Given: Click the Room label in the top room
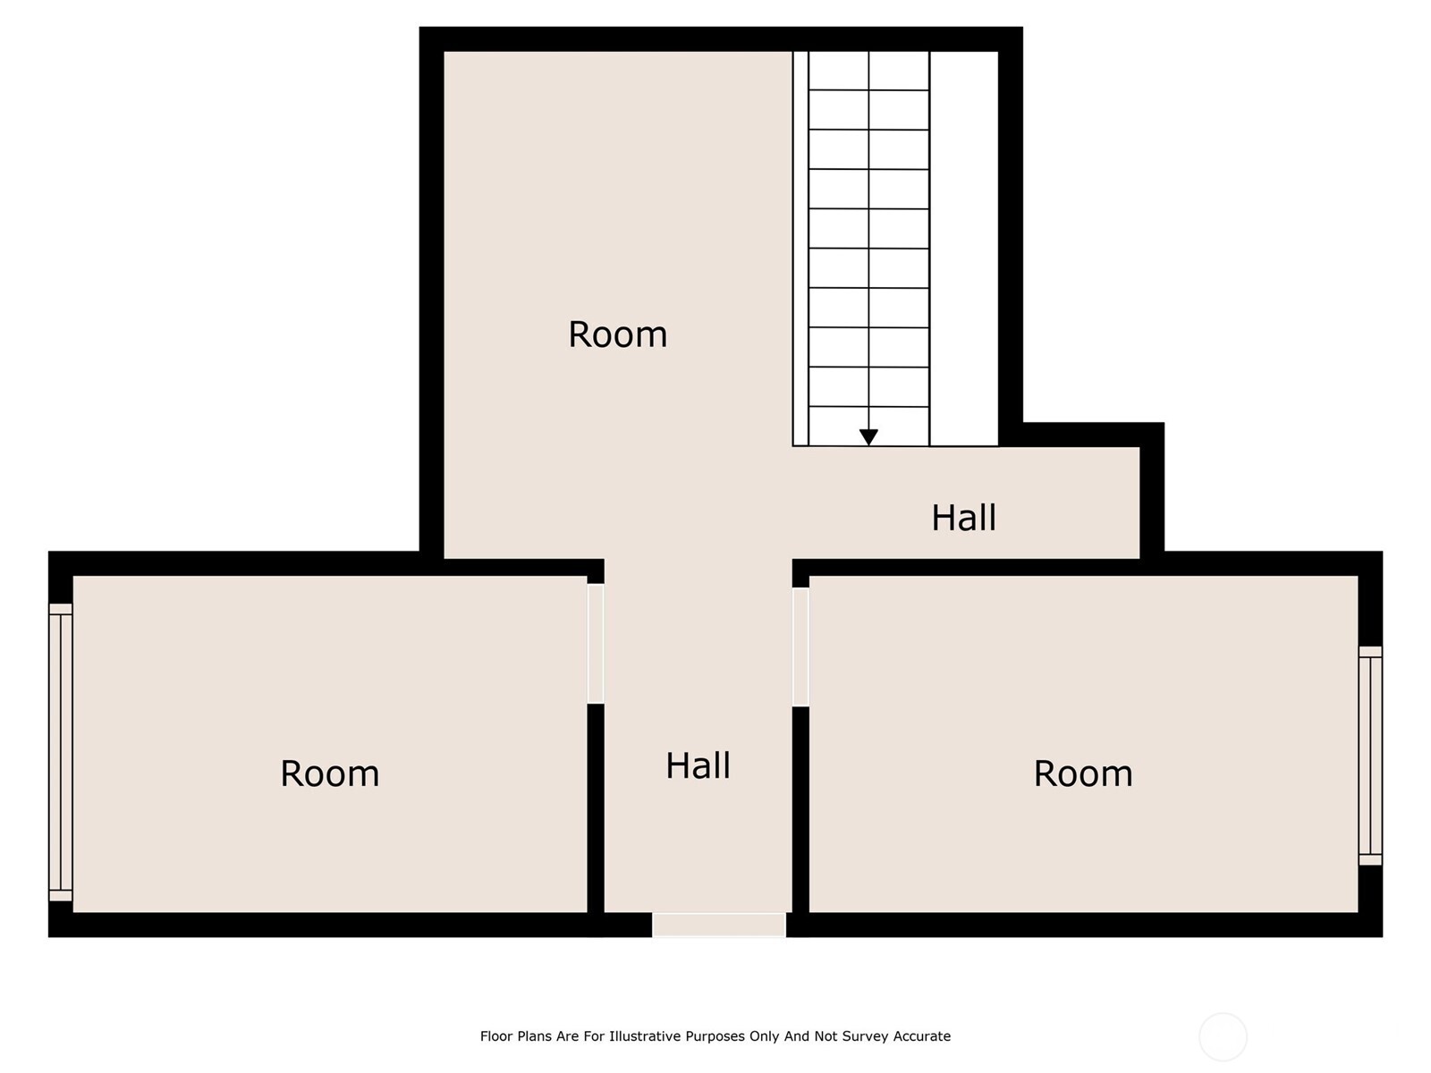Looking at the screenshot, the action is (x=617, y=334).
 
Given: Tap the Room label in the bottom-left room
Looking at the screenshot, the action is (x=329, y=773).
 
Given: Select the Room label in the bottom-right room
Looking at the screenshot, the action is (x=1083, y=773).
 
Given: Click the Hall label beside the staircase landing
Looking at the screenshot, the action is (x=963, y=518).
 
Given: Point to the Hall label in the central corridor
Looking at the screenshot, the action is (x=698, y=765).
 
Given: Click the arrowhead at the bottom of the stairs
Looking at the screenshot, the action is (x=868, y=437).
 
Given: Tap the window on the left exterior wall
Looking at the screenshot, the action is (x=60, y=753).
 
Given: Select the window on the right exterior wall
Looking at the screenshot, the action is (x=1369, y=756).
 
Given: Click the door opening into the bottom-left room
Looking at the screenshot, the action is (x=596, y=644).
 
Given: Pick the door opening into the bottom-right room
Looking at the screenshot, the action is (x=800, y=646).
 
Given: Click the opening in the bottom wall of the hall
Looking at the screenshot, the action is (x=718, y=925).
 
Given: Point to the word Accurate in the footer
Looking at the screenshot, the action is (x=921, y=1035).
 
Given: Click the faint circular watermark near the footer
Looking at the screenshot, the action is (x=1223, y=1036).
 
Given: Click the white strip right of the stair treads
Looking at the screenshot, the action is (x=963, y=249).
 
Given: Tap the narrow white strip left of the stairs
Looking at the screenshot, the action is (x=800, y=249).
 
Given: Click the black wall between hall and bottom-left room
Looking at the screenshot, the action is (x=596, y=807).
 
